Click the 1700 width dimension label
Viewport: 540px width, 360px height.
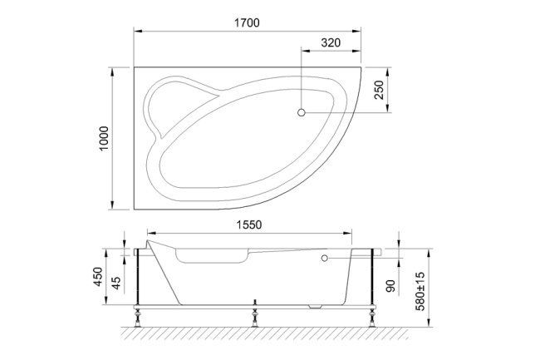pyautogui.click(x=247, y=22)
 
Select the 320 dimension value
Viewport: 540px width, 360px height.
pyautogui.click(x=331, y=42)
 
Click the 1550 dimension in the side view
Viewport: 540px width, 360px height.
pyautogui.click(x=247, y=224)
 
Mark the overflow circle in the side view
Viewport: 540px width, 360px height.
pyautogui.click(x=324, y=259)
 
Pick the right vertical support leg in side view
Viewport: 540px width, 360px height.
pyautogui.click(x=370, y=279)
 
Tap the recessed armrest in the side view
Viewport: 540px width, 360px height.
pyautogui.click(x=211, y=259)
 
